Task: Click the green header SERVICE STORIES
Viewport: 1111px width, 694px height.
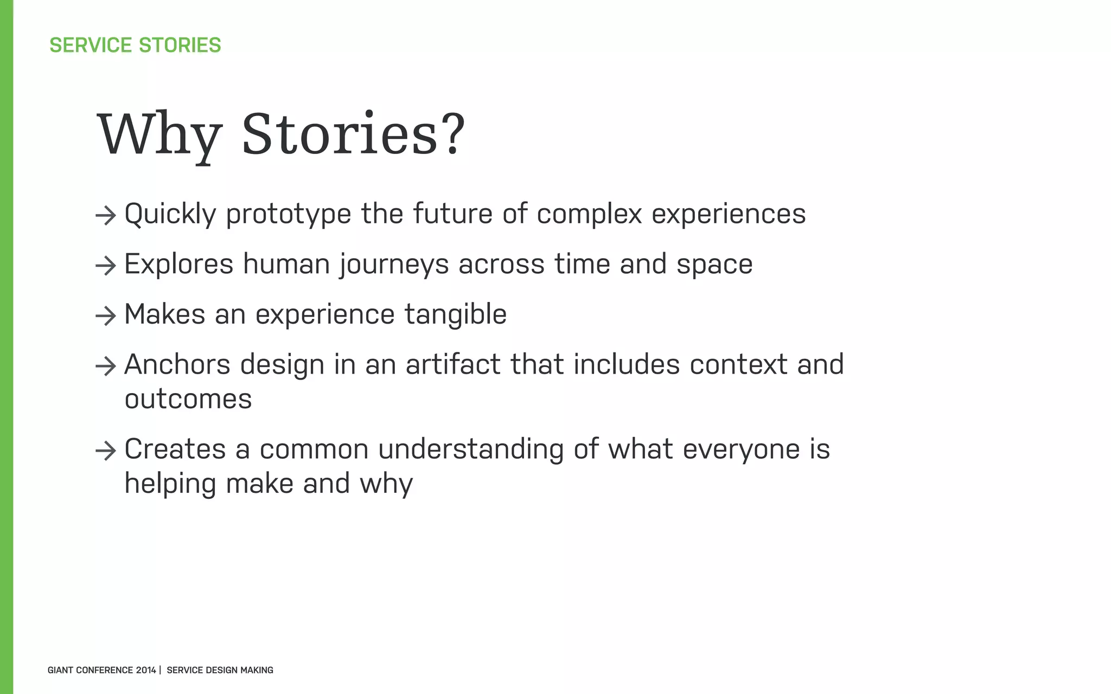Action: tap(135, 45)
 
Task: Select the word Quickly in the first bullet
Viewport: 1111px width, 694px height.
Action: tap(170, 214)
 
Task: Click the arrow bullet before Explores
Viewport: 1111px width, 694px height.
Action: tap(106, 266)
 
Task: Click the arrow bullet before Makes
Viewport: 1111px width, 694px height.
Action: tap(106, 316)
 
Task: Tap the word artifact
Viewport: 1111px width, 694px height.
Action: tap(453, 364)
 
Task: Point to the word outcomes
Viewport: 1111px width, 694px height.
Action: tap(188, 400)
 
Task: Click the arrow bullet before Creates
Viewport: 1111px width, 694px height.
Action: tap(106, 451)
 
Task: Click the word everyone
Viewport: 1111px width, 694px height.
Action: tap(741, 450)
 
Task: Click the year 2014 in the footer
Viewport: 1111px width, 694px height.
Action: tap(145, 670)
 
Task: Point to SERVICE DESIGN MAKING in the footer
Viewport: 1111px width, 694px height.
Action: tap(220, 670)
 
